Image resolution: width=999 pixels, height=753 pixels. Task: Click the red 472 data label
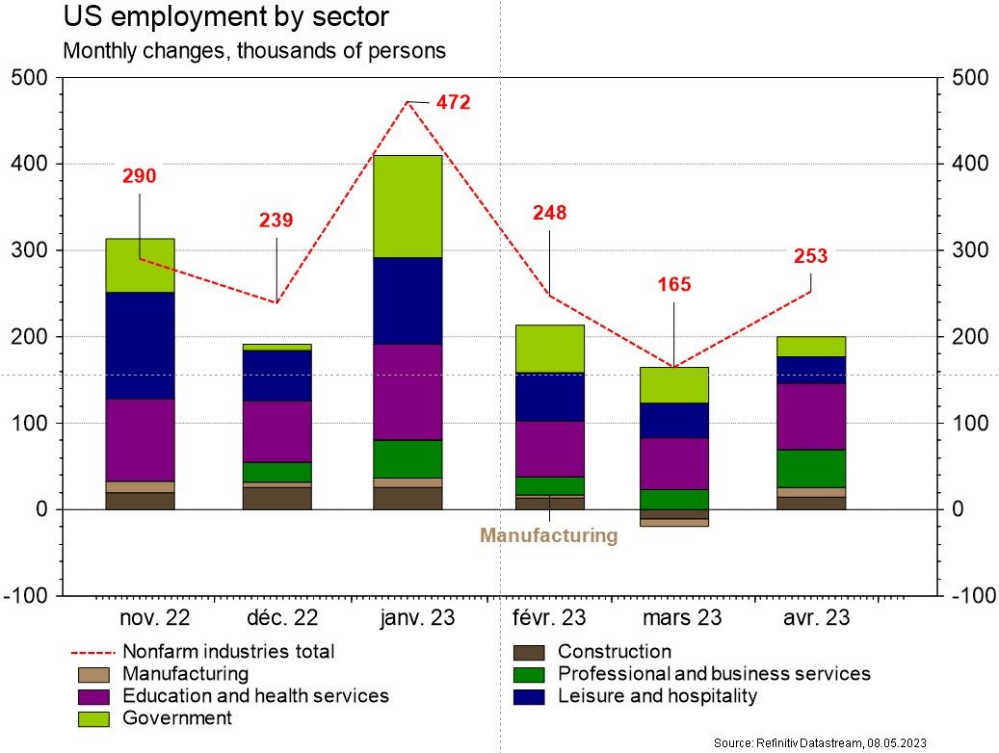[453, 102]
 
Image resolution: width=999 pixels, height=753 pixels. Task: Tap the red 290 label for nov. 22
[139, 176]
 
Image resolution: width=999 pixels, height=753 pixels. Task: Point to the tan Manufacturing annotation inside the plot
[548, 535]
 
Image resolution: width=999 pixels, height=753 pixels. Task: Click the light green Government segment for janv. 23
[407, 206]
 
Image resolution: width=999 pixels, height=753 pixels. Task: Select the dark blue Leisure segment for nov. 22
[140, 345]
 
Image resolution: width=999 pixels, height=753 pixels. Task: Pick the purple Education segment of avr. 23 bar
[810, 416]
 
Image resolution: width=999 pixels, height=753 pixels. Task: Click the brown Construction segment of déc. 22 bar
[276, 498]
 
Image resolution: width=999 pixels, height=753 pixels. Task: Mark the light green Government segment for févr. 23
[549, 349]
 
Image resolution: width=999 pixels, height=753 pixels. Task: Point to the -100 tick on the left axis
[32, 596]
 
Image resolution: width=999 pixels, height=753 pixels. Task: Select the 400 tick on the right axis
[966, 164]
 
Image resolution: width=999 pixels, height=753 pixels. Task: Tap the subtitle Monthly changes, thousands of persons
[254, 51]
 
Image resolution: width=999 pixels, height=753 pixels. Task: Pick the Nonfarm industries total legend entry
[228, 652]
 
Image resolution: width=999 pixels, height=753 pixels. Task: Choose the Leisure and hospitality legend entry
[657, 696]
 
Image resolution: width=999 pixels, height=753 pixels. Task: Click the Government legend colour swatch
[96, 718]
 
